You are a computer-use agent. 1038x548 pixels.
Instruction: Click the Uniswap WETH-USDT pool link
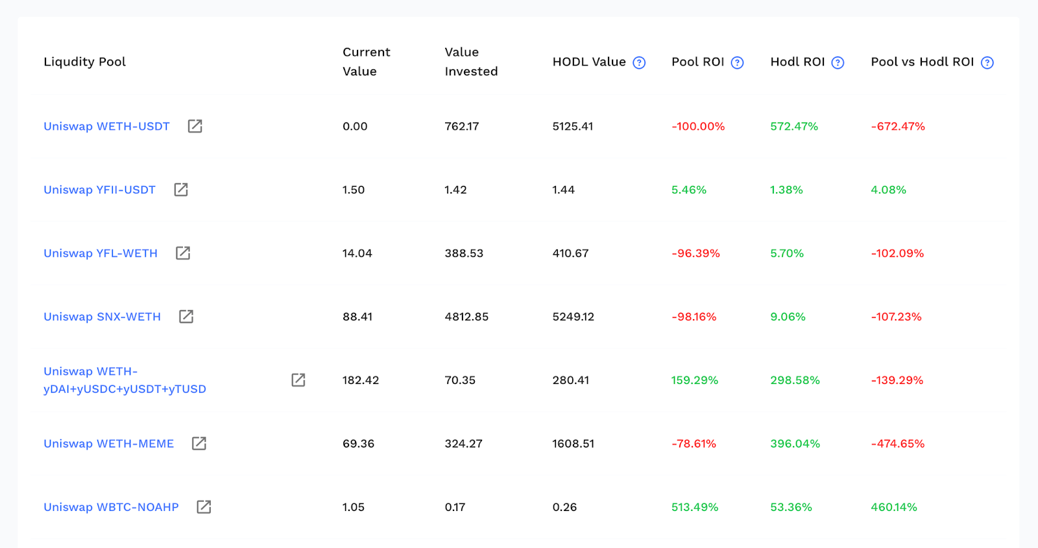[x=106, y=126]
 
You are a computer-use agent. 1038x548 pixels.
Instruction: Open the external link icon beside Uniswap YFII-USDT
[x=181, y=189]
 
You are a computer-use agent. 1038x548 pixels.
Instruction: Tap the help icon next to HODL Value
[x=639, y=62]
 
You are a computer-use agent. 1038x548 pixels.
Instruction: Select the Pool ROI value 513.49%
[x=695, y=507]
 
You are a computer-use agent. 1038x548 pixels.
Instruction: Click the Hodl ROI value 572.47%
[x=794, y=126]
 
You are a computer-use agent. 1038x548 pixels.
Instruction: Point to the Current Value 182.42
[x=361, y=380]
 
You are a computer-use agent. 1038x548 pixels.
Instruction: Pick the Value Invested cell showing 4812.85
[x=466, y=316]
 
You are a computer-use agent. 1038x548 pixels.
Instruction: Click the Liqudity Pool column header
[x=84, y=62]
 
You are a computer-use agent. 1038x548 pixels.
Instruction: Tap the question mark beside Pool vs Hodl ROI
[x=987, y=62]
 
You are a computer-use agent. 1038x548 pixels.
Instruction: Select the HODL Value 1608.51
[x=573, y=444]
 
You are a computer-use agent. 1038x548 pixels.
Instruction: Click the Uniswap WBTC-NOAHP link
[x=111, y=507]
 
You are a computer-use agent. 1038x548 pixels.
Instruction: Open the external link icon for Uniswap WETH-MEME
[x=199, y=443]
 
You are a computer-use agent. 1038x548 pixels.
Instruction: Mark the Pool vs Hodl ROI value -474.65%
[x=898, y=444]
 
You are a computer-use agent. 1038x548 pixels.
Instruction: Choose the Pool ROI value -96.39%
[x=695, y=253]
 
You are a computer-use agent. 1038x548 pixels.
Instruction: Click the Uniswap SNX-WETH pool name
[x=102, y=316]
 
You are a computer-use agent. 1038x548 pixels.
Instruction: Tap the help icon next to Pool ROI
[x=737, y=62]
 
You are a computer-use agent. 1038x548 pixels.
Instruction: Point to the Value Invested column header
[x=471, y=62]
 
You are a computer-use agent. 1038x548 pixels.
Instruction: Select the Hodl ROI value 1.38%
[x=786, y=189]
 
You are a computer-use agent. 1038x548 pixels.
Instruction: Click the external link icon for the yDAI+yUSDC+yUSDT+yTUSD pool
[x=298, y=380]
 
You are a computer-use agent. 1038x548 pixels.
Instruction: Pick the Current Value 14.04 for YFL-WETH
[x=357, y=253]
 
